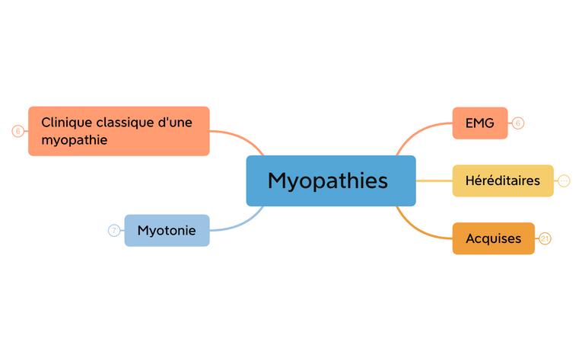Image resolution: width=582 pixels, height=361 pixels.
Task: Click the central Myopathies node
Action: [331, 180]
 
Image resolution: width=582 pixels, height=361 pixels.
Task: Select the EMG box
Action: [479, 123]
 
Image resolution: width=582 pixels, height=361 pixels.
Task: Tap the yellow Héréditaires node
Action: [502, 180]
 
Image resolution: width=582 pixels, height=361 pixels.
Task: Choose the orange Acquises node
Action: [493, 238]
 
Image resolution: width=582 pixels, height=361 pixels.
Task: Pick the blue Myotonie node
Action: [167, 230]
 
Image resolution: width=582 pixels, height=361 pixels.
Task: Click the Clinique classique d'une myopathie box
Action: [119, 131]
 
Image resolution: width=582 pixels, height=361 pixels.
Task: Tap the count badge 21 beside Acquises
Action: [545, 238]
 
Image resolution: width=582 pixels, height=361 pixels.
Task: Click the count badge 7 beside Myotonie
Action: [114, 230]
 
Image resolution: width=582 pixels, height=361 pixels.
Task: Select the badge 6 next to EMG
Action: [518, 123]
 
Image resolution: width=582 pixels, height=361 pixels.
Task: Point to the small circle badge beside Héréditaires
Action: [564, 180]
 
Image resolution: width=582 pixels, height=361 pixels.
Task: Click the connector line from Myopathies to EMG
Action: [418, 129]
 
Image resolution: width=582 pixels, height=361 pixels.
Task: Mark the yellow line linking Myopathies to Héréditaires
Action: [434, 180]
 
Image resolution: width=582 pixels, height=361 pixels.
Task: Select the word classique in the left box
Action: [120, 122]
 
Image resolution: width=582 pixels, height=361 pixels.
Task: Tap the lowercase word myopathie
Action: [74, 140]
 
